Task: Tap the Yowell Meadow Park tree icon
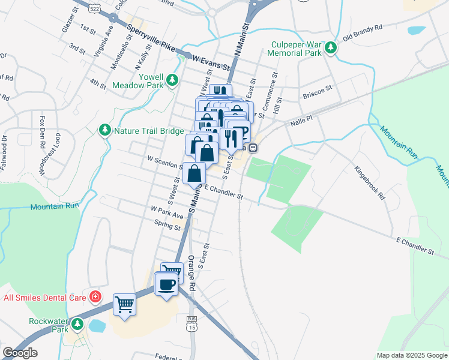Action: click(172, 79)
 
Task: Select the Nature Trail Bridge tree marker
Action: click(105, 130)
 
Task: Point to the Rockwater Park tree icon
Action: click(77, 325)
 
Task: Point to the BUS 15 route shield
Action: click(192, 323)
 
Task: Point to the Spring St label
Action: click(167, 226)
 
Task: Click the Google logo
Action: click(21, 353)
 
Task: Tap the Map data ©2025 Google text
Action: click(411, 355)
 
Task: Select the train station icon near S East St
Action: click(253, 146)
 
